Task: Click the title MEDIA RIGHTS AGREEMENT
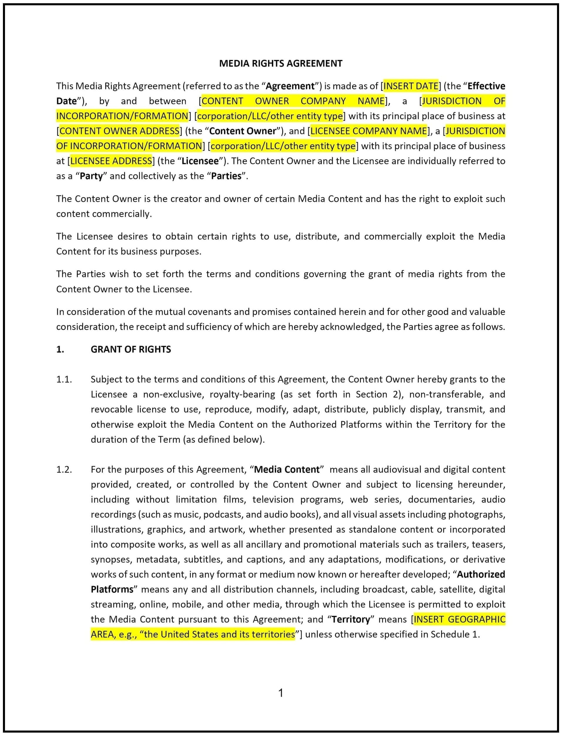281,63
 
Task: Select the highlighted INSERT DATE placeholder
410,86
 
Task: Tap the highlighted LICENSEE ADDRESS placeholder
111,161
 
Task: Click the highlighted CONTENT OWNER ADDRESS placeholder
120,131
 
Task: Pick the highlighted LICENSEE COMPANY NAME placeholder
369,131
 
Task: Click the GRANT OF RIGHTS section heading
130,350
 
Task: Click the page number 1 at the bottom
281,693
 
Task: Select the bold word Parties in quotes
226,176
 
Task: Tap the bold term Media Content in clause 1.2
287,469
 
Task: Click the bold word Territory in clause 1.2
350,619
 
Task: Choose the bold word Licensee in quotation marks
200,161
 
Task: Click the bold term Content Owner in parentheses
243,131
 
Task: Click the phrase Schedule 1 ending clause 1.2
454,635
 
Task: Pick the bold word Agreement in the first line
290,86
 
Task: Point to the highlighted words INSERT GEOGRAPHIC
459,619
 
